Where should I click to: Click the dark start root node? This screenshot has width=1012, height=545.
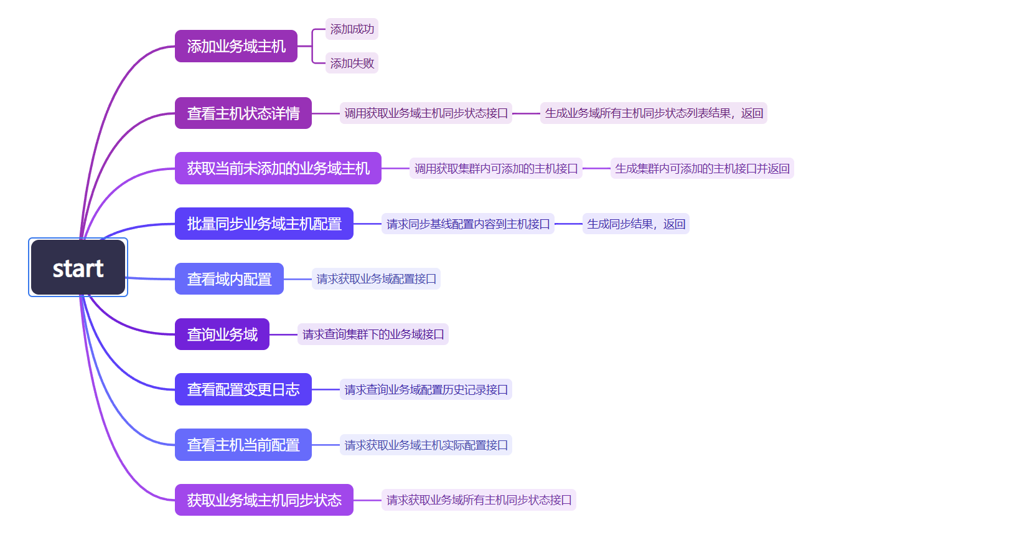78,268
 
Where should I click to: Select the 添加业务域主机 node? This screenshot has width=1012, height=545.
236,46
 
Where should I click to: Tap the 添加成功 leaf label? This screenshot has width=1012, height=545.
352,29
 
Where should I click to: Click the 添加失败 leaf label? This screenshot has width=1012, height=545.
352,63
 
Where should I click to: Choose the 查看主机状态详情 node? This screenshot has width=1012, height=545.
243,113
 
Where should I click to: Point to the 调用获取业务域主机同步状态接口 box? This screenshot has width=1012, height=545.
426,113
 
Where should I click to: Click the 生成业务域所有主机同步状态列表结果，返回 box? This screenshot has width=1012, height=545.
654,113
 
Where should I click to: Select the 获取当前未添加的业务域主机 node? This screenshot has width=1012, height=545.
278,168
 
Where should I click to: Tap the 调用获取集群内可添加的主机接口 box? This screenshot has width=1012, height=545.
495,168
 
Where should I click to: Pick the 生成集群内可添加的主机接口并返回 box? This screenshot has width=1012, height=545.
701,168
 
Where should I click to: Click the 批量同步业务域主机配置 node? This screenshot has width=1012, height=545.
264,224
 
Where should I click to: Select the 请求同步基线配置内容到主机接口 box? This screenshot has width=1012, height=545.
467,224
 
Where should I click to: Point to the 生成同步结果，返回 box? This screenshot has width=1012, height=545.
635,224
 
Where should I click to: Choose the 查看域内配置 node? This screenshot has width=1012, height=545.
229,279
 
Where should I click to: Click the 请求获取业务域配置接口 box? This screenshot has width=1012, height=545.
376,279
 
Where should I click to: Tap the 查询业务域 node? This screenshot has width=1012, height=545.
222,334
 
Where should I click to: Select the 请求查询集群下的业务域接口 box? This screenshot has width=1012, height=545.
373,334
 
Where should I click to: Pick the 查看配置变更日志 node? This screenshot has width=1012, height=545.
243,389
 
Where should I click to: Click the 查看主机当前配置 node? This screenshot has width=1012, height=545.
243,445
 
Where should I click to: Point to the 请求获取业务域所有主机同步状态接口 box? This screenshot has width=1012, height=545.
478,500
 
